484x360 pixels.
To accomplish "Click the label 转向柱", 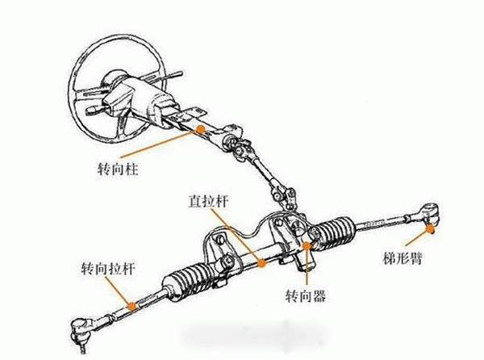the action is [118, 169].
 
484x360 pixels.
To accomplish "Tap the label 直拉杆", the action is [209, 201].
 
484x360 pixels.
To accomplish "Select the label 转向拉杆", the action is [108, 268].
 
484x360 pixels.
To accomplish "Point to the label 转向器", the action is [306, 295].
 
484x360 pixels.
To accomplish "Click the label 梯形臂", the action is [403, 258].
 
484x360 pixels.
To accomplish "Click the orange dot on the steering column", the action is [201, 129].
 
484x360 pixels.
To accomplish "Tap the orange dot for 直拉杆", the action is [261, 263].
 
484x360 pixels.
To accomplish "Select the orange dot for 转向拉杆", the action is [132, 307].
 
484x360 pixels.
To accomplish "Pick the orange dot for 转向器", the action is [307, 245].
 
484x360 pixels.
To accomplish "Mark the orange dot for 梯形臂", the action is [430, 228].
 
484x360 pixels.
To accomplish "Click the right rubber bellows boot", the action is [335, 232].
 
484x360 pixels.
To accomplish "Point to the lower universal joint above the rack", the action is [285, 197].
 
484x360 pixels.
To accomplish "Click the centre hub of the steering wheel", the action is [114, 80].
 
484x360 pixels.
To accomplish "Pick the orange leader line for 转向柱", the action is [160, 144].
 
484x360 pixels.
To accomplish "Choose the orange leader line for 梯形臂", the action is [417, 237].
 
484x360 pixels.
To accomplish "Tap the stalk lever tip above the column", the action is [179, 73].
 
